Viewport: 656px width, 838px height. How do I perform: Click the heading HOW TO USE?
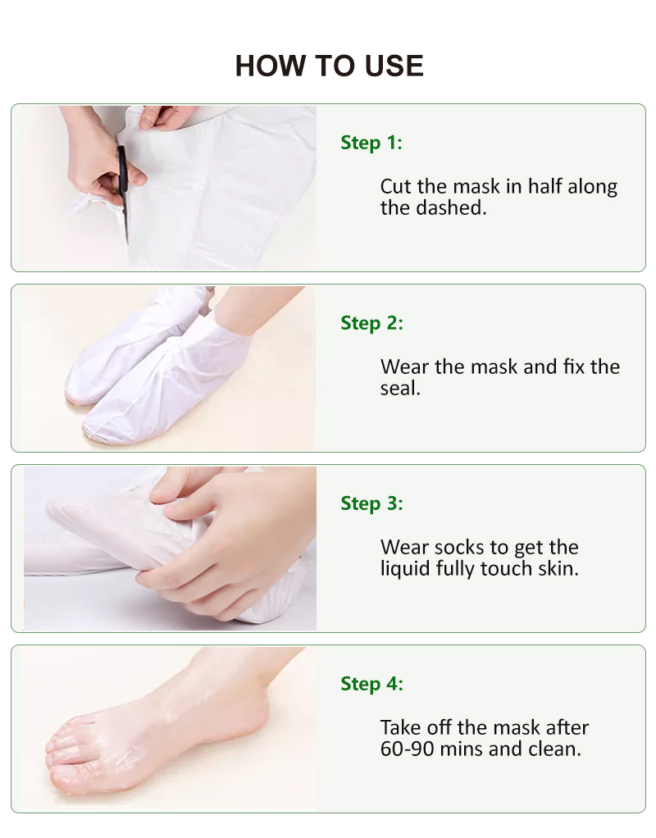(x=330, y=66)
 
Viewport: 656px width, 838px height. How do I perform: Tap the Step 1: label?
(x=371, y=143)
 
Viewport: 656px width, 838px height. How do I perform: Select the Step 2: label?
(x=372, y=323)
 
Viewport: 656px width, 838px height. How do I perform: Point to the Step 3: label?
(x=372, y=503)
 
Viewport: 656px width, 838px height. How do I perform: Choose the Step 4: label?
(x=372, y=684)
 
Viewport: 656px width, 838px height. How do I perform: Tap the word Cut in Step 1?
(x=396, y=186)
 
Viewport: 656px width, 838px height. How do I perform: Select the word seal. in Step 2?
(x=400, y=389)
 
